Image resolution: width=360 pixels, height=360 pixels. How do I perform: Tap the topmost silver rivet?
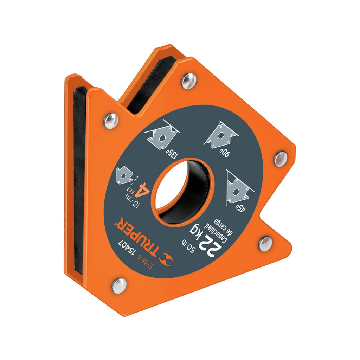189,81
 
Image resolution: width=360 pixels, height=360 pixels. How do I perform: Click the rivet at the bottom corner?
119,285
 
